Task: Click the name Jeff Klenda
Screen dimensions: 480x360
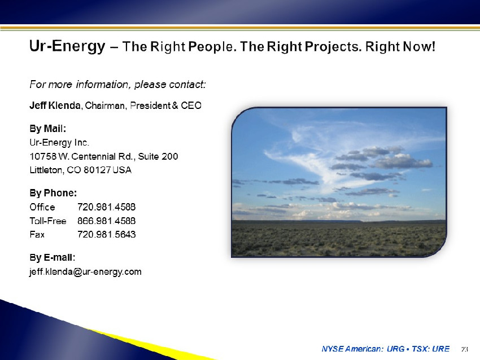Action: [55, 106]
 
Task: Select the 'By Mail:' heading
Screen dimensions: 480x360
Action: [48, 129]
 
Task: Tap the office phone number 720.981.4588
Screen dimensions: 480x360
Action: [107, 207]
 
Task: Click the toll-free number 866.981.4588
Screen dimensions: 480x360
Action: [107, 221]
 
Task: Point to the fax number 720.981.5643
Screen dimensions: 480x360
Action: [107, 234]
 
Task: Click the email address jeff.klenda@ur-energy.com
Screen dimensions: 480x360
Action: [85, 272]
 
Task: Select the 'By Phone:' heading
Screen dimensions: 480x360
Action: [53, 193]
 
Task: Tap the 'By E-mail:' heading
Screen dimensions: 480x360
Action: [53, 257]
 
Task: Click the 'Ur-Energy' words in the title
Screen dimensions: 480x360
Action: [67, 46]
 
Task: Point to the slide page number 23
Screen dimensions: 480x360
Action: [465, 349]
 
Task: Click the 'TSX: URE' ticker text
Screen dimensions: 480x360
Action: [430, 349]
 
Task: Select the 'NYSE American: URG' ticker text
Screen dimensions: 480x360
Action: [363, 349]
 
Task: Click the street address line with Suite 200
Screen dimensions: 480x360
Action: [104, 157]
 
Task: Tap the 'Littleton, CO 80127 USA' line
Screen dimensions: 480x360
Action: [81, 170]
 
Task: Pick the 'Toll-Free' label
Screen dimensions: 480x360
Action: [48, 221]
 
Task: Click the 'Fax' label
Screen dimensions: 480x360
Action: [37, 235]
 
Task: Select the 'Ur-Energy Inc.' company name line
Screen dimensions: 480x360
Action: [59, 143]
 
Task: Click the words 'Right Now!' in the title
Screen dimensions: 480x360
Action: [400, 47]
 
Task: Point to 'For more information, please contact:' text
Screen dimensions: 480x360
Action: [117, 85]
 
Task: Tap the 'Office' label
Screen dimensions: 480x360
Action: [42, 207]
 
